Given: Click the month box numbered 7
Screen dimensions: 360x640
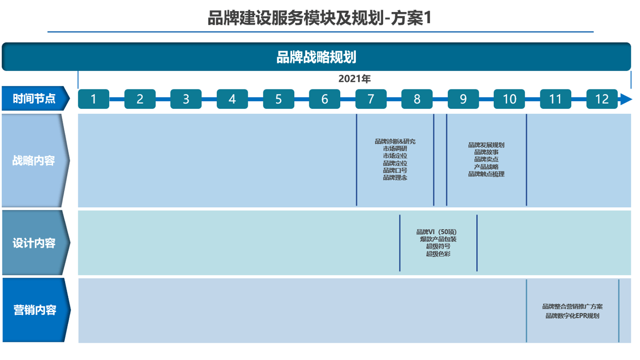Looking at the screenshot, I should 371,99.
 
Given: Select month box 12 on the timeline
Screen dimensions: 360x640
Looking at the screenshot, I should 602,99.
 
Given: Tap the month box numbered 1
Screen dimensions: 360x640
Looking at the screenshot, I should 94,99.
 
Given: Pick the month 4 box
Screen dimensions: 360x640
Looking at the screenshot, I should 232,99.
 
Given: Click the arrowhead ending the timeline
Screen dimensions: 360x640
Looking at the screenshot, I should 626,99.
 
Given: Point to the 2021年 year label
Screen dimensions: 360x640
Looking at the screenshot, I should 354,79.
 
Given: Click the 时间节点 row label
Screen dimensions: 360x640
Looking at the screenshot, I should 34,99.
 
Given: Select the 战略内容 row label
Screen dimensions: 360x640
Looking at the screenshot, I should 33,161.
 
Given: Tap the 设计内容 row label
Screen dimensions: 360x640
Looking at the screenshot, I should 34,243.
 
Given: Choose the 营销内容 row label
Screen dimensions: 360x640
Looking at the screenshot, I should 34,310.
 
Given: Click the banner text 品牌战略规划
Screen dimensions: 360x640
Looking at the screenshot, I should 316,57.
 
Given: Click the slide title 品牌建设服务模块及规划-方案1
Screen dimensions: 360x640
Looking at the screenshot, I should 319,19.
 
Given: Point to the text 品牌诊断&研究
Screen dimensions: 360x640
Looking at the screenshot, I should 395,142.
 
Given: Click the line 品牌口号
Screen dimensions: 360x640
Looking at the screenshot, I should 395,170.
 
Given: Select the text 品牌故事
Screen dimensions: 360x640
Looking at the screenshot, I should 486,152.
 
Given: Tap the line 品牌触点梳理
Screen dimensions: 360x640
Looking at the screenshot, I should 486,174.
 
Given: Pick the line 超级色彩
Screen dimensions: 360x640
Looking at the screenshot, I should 438,254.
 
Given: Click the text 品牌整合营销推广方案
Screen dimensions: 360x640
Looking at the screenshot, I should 572,306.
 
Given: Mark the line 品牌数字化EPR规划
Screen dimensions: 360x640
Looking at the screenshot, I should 572,316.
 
